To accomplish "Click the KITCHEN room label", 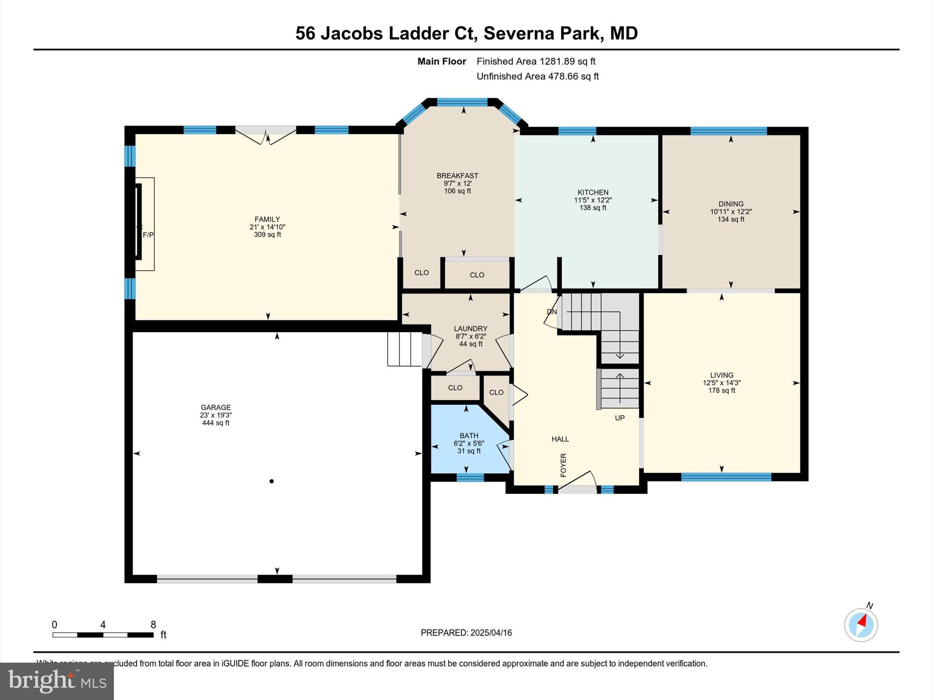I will (593, 192).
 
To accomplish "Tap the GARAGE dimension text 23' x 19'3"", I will (216, 415).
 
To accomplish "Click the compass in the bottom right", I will (861, 625).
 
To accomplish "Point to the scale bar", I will (103, 634).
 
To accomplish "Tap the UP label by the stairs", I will (620, 418).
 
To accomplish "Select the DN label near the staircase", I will (552, 312).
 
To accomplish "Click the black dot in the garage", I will (272, 481).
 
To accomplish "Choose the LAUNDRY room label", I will (471, 329).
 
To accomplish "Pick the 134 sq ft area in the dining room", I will (731, 219).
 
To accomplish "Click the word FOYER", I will (564, 465).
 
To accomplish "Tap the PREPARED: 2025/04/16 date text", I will (466, 633).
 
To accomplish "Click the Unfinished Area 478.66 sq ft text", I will (538, 77).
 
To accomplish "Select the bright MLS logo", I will (57, 681).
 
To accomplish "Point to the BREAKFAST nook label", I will (457, 175).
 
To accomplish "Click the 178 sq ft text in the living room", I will (722, 391).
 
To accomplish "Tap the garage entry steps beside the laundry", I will (404, 349).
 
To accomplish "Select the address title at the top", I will (466, 33).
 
